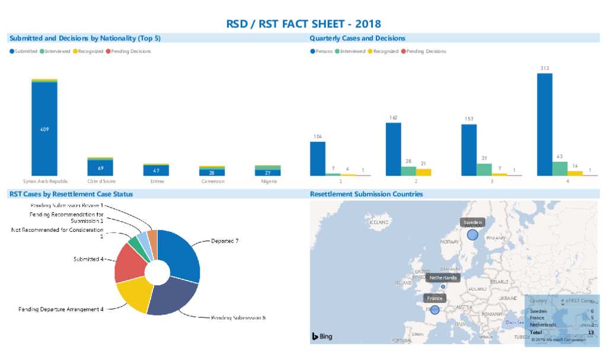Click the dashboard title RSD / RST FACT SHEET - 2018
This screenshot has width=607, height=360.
click(303, 24)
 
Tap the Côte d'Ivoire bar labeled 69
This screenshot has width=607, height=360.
click(100, 168)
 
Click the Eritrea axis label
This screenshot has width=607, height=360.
click(157, 181)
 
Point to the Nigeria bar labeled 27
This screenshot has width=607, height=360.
click(267, 172)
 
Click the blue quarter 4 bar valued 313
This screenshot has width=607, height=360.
click(544, 125)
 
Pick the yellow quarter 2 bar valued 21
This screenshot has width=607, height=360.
click(424, 172)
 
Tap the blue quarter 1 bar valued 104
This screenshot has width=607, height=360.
click(317, 158)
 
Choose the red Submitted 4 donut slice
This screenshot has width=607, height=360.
click(129, 262)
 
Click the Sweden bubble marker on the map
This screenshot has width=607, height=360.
click(472, 235)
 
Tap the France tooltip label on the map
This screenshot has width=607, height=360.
click(435, 298)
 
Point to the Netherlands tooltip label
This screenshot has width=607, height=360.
click(443, 278)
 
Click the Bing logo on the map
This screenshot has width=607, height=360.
click(322, 336)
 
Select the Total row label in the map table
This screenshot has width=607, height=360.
click(536, 332)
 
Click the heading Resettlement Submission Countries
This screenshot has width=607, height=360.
click(366, 194)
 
